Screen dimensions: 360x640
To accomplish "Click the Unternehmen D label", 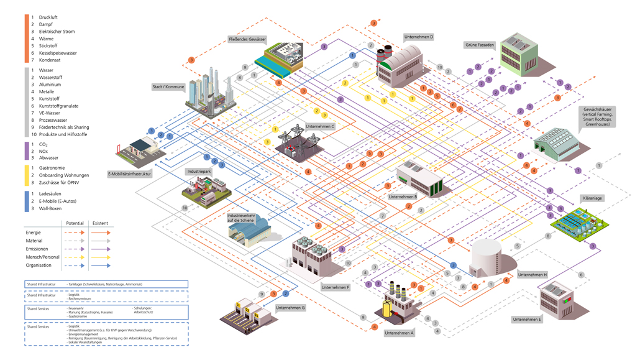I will (x=419, y=37).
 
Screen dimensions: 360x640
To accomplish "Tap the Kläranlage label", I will (x=593, y=198).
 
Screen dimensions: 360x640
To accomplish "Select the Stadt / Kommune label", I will (x=168, y=87).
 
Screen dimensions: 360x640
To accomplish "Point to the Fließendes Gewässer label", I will (x=247, y=39).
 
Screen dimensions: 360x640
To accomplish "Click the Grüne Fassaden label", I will (x=480, y=45).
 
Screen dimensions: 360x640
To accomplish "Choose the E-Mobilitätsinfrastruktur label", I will (x=129, y=174).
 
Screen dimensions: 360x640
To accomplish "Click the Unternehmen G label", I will (x=291, y=308).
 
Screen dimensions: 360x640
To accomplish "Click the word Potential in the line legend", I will (x=75, y=223).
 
